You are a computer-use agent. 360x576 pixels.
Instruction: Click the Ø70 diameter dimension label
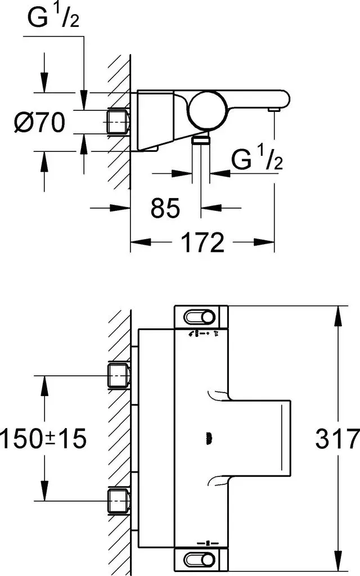coord(39,122)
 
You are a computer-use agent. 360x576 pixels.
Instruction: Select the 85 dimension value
coord(165,208)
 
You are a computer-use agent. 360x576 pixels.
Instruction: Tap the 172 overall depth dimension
coord(202,242)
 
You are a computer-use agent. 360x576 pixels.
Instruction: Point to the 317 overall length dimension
coord(337,438)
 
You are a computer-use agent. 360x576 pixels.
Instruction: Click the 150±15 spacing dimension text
coord(43,438)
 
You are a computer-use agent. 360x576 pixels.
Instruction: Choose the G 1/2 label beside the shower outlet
coord(257,158)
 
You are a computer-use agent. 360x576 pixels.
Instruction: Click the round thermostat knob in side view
coord(207,110)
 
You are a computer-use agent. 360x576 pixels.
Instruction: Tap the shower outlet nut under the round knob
coord(201,139)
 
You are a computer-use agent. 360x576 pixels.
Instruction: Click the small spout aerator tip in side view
coord(274,110)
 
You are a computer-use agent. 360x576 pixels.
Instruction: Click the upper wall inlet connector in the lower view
coord(118,376)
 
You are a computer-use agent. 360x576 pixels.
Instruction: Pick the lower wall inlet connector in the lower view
coord(118,501)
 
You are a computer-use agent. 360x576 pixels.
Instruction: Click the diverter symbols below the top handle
coord(204,334)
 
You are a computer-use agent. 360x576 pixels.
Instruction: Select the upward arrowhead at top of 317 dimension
coord(337,316)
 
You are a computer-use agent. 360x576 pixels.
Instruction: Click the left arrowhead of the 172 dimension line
coord(141,242)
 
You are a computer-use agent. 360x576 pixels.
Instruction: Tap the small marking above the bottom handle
coord(206,542)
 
